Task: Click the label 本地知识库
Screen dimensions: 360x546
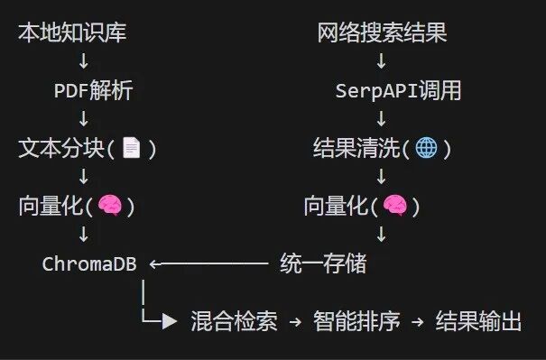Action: point(72,34)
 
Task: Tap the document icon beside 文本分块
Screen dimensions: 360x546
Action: point(133,148)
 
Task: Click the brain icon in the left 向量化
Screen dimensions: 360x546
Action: point(109,206)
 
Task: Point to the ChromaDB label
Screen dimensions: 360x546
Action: point(89,263)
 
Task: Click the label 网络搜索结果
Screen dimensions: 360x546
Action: point(382,34)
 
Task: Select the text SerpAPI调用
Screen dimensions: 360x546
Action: point(398,91)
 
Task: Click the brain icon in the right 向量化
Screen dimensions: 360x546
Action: point(394,206)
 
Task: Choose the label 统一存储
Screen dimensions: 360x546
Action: point(323,263)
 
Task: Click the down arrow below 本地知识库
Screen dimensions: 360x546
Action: point(83,62)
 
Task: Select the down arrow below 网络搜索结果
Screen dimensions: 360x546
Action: point(381,62)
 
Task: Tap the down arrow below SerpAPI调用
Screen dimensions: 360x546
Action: point(381,120)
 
